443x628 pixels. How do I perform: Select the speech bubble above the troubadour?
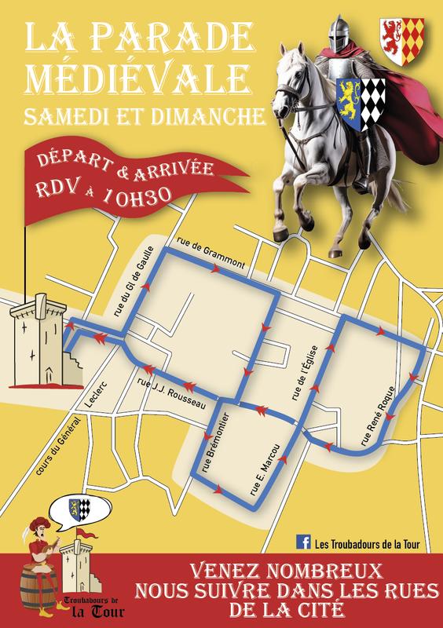[x=81, y=510]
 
